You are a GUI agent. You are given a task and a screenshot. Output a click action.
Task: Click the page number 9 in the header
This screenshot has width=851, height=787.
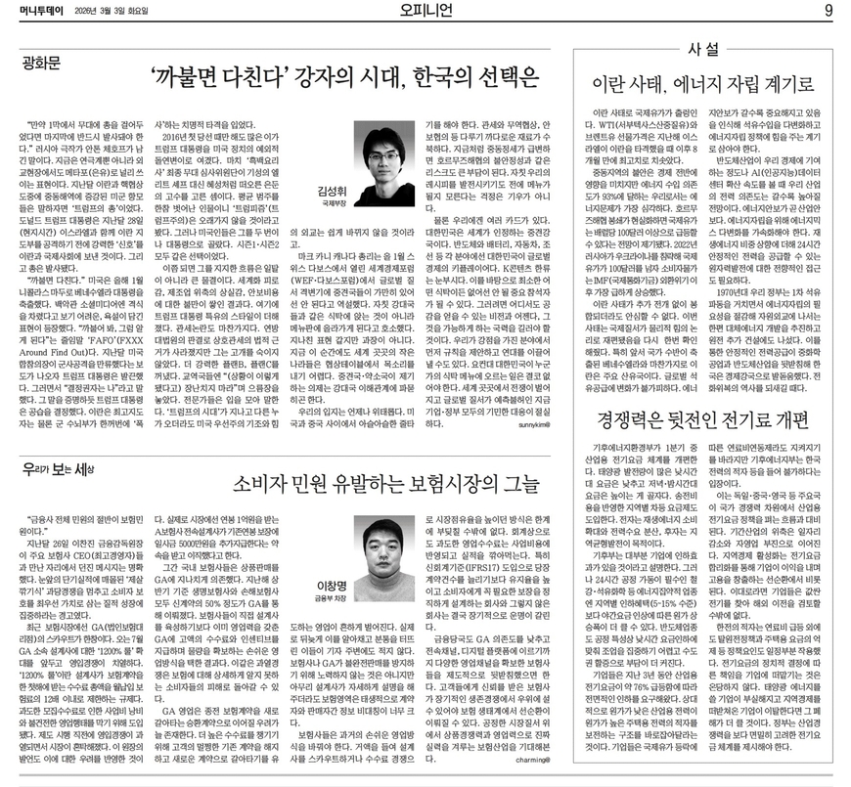828,11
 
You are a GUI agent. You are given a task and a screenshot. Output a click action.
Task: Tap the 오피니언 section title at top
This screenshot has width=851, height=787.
425,11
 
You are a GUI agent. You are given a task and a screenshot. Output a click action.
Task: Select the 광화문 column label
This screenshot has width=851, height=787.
45,66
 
